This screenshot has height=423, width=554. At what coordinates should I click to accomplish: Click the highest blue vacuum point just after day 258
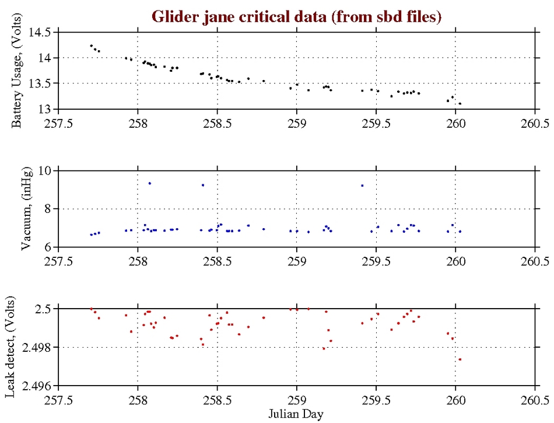coord(150,183)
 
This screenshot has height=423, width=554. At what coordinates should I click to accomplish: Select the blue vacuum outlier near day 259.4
coord(362,186)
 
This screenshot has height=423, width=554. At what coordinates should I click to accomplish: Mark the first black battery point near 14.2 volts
coord(91,46)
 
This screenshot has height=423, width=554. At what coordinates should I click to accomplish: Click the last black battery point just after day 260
coord(460,104)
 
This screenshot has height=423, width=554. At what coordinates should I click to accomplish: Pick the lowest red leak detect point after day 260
coord(460,359)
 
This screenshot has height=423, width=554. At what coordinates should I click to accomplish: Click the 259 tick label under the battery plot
coord(296,123)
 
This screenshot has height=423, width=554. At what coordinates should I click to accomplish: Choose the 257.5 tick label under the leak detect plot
coord(58,400)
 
